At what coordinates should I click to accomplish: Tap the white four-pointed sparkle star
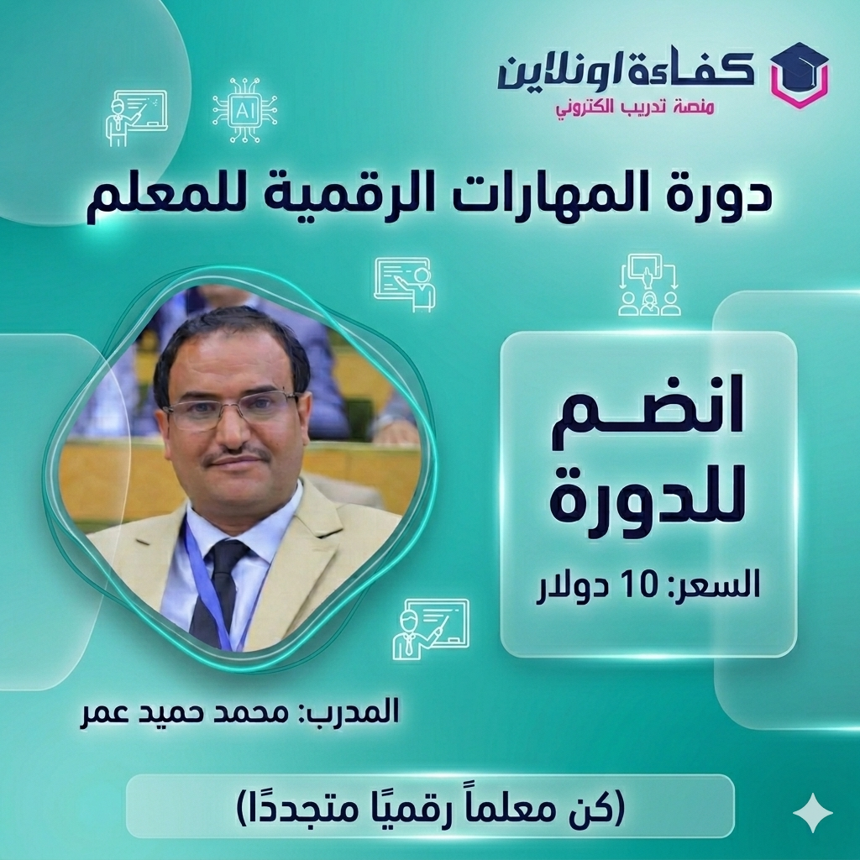[x=813, y=812]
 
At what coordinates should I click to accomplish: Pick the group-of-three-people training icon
[x=648, y=286]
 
